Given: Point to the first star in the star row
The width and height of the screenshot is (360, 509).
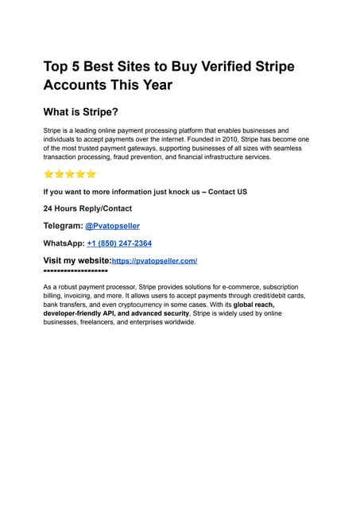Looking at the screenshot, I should [48, 174].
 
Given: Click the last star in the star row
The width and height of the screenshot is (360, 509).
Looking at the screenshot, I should [91, 174].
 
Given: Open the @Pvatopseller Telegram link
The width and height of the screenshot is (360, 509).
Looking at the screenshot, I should [112, 226].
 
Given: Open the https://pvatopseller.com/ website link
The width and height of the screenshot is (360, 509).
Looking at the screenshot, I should [154, 261].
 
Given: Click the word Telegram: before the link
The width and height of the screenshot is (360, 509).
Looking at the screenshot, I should [63, 226].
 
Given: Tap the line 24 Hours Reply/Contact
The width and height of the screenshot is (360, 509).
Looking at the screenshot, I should [87, 208].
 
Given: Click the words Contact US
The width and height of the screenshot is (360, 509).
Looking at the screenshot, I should [227, 192].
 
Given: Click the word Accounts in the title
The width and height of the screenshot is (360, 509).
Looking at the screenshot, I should [79, 85].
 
